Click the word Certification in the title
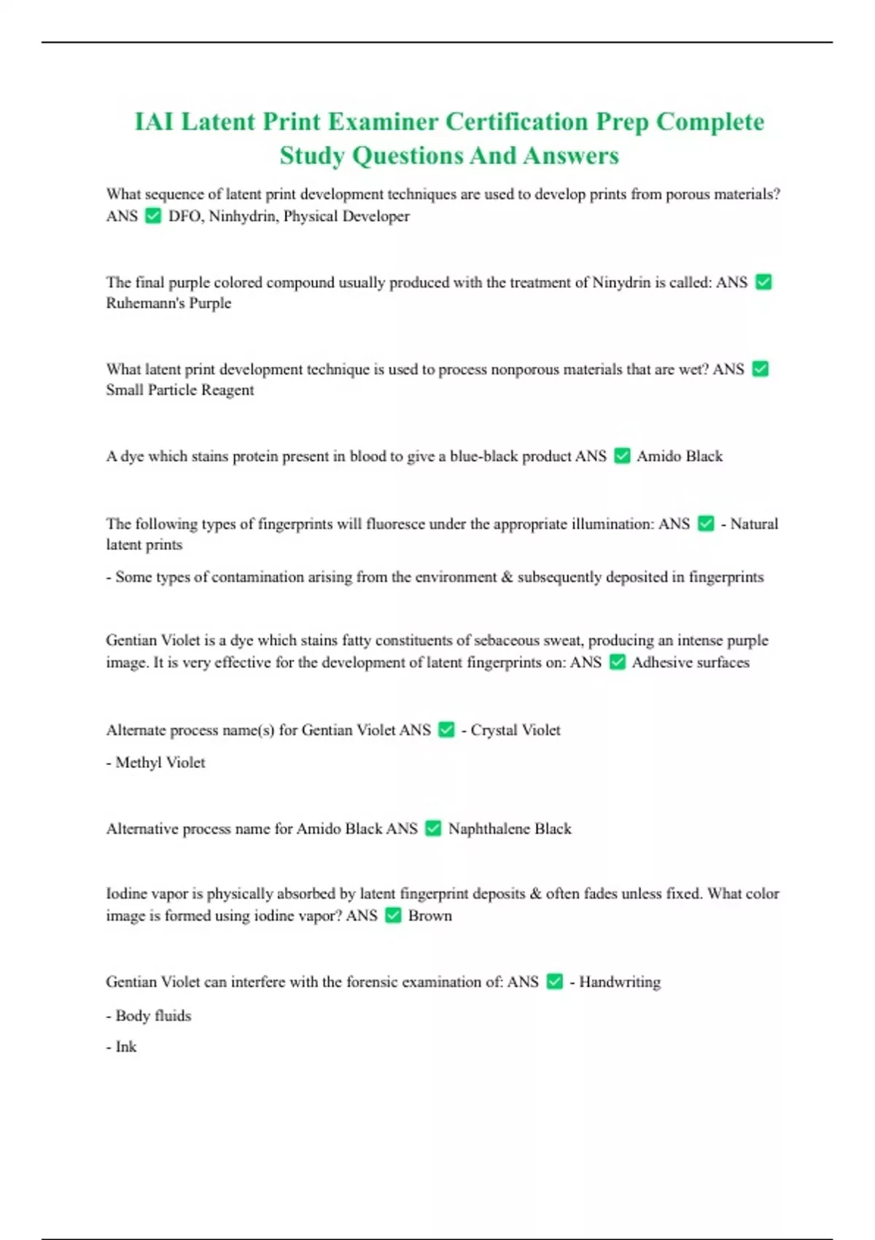click(x=516, y=121)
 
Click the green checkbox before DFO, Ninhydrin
click(x=153, y=216)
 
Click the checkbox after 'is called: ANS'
click(x=763, y=282)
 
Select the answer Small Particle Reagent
click(x=180, y=390)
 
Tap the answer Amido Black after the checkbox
click(x=680, y=456)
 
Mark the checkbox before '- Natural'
click(x=706, y=524)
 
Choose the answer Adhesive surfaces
click(x=691, y=662)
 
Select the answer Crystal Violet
click(x=516, y=729)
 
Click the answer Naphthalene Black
click(x=510, y=829)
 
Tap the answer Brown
click(x=430, y=915)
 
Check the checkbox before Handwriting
click(x=555, y=982)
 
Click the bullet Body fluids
click(x=153, y=1015)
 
